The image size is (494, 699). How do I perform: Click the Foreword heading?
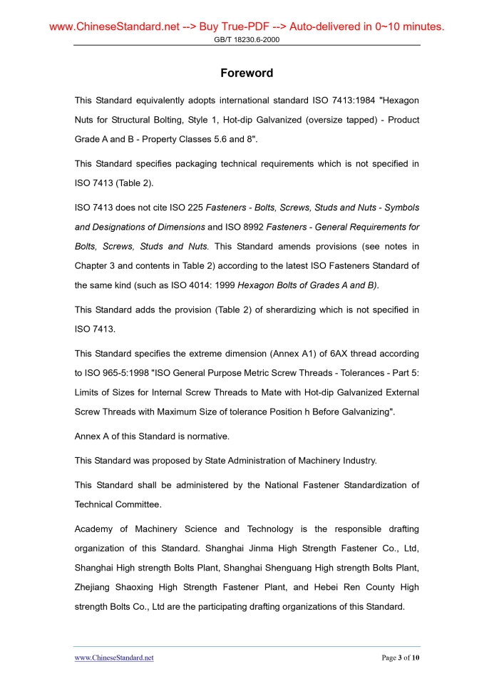pos(247,73)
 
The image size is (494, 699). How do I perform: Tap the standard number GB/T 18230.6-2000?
pos(247,40)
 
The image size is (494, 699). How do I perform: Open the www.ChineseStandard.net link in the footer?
pos(114,658)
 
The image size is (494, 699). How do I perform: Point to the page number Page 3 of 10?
pos(401,658)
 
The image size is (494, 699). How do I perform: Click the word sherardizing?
pos(282,310)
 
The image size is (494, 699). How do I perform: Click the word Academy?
pos(95,529)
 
